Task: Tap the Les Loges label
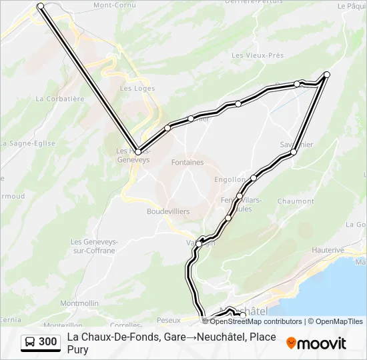click(x=137, y=89)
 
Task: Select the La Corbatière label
click(x=60, y=99)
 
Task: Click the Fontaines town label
click(x=188, y=162)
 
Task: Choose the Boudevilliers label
click(x=168, y=211)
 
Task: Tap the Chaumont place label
click(x=295, y=201)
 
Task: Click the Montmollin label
click(x=79, y=303)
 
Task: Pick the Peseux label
click(x=169, y=321)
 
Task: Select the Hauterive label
click(x=327, y=250)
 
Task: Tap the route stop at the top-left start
click(x=41, y=6)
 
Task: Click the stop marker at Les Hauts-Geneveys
click(x=138, y=152)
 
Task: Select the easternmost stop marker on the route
click(x=327, y=74)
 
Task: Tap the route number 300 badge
click(x=47, y=343)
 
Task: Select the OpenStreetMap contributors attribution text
click(x=256, y=321)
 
